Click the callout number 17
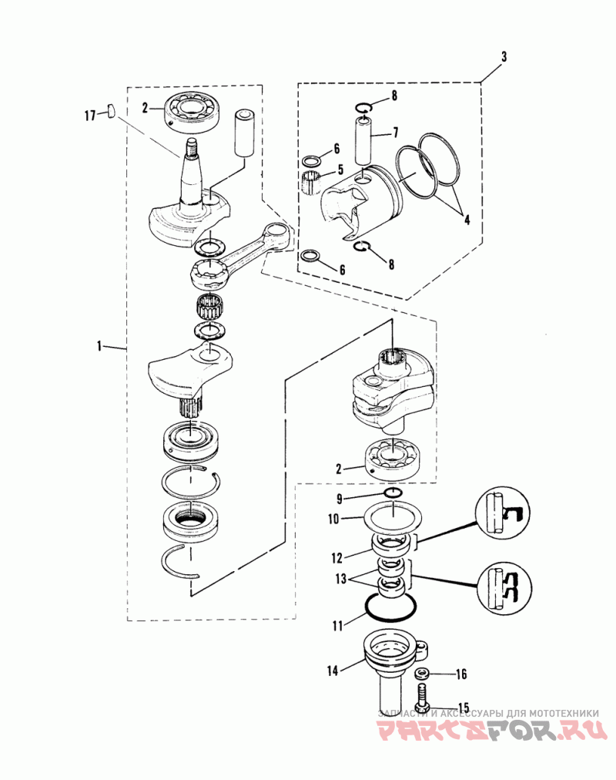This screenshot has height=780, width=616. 90,116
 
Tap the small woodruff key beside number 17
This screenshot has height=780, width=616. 112,110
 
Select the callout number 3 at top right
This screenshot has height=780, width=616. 504,56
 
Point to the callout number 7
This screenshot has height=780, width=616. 396,133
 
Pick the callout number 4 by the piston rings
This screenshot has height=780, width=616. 467,219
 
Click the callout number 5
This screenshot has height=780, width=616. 340,170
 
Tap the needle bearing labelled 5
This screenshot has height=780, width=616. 311,182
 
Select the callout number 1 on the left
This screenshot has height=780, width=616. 99,346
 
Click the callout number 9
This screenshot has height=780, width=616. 340,499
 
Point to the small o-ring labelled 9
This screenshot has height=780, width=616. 393,493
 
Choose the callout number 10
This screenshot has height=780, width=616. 333,519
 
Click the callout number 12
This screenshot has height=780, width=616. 336,558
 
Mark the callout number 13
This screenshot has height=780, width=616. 341,579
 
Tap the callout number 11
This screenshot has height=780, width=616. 338,625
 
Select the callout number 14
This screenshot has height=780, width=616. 333,671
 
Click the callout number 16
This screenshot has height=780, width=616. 461,674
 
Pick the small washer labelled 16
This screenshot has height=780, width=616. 422,674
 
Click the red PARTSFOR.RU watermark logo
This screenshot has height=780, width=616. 492,731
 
